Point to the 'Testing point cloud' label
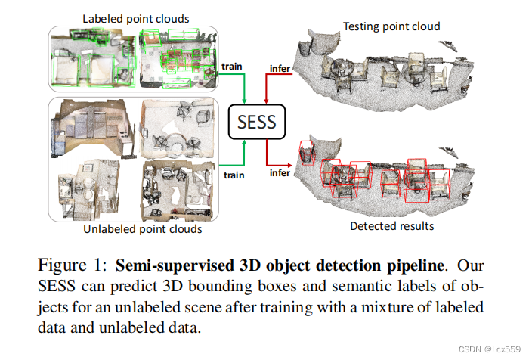[x=391, y=26]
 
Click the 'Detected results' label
[x=391, y=225]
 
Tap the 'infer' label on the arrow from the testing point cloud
[x=280, y=70]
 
